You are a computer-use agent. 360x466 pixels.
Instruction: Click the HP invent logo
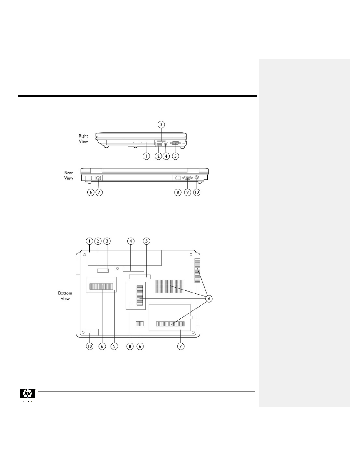(x=28, y=395)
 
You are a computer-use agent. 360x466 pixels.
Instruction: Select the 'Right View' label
(x=83, y=138)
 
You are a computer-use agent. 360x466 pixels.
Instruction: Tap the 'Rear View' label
(x=69, y=176)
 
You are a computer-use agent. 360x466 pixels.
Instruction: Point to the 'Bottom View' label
(x=65, y=296)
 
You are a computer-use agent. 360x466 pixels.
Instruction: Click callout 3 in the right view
(x=161, y=124)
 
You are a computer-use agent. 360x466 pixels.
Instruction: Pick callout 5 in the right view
(x=175, y=156)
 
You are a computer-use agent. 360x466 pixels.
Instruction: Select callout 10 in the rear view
(x=197, y=192)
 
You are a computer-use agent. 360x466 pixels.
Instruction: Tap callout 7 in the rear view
(x=99, y=192)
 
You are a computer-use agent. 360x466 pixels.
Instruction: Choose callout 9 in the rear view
(x=187, y=192)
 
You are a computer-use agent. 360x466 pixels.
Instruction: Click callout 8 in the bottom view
(x=130, y=346)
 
